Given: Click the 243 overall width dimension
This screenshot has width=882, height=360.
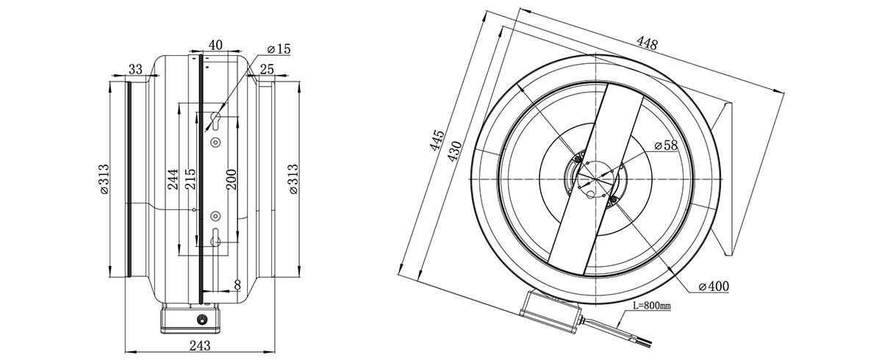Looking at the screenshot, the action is point(200,346).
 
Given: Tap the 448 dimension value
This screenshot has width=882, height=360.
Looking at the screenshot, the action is point(648,43).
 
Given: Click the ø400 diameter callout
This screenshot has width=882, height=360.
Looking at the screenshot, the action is point(714,286).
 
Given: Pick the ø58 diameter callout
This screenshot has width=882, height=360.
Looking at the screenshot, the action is point(666,145).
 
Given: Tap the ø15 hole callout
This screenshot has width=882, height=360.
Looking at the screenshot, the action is point(279,49).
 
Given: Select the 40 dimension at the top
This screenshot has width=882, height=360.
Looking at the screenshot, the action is point(215,45).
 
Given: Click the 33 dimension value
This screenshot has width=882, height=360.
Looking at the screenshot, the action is point(135,69).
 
